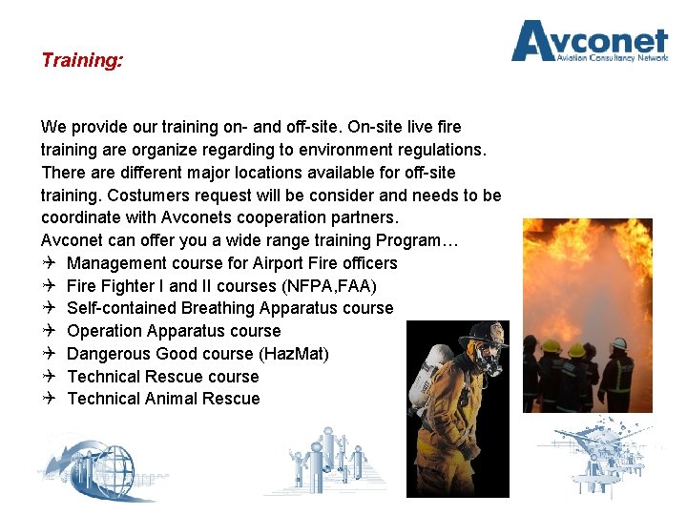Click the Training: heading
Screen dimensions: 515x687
point(82,60)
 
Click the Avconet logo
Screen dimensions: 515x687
point(589,42)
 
